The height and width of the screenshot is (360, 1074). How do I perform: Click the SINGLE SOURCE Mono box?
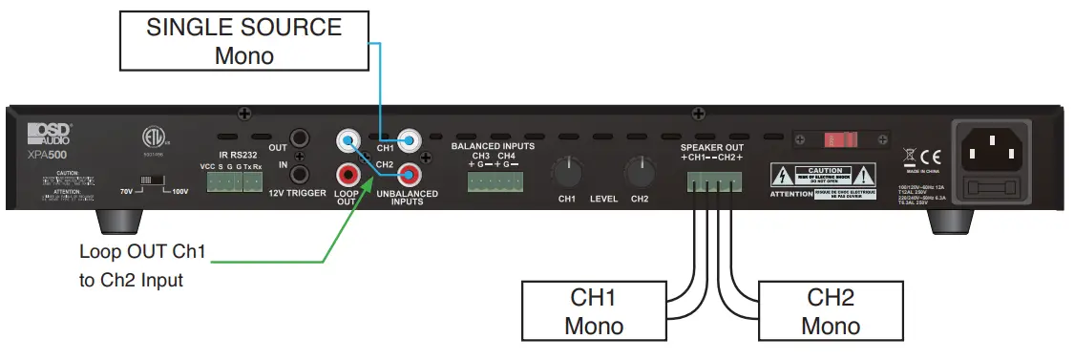pos(244,42)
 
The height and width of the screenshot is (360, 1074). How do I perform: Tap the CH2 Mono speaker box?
pos(830,310)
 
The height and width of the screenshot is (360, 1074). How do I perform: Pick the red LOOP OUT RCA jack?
pos(347,174)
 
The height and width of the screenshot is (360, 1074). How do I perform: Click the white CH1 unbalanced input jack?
pos(411,142)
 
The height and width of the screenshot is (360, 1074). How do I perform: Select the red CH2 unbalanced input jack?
pos(411,174)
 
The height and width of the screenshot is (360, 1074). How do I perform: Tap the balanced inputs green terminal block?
pos(494,180)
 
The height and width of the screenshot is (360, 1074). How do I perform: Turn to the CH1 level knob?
pos(566,173)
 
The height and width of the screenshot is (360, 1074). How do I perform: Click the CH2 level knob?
pos(639,173)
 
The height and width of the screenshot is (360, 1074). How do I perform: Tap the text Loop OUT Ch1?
pos(142,253)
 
